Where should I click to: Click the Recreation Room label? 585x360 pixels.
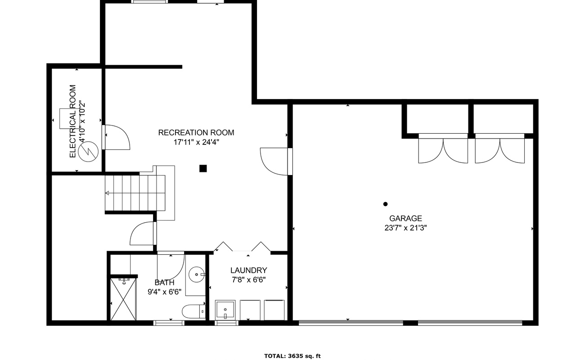tap(196, 133)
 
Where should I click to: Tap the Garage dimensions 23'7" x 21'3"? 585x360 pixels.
tap(405, 228)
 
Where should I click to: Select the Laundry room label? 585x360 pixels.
tap(248, 270)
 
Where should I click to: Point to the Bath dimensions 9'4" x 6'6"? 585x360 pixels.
tap(165, 292)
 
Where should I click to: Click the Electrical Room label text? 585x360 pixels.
tap(72, 121)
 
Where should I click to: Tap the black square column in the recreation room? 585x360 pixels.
tap(203, 168)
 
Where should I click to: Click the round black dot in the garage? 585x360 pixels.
tap(385, 204)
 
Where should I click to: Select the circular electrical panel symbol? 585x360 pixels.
tap(88, 152)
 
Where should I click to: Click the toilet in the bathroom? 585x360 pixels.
tap(194, 311)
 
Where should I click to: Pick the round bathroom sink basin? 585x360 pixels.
tap(197, 274)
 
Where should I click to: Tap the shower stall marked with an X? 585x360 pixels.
tap(123, 299)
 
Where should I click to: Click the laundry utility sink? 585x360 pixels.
tap(225, 310)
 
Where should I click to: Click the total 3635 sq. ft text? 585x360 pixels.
tap(292, 356)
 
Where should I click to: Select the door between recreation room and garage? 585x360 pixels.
tap(276, 162)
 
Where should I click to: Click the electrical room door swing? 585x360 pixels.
tap(116, 137)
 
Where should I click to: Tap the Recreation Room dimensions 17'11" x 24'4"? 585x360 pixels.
tap(196, 142)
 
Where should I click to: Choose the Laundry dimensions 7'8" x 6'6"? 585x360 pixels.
tap(248, 280)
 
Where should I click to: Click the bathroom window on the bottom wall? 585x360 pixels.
tap(169, 323)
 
